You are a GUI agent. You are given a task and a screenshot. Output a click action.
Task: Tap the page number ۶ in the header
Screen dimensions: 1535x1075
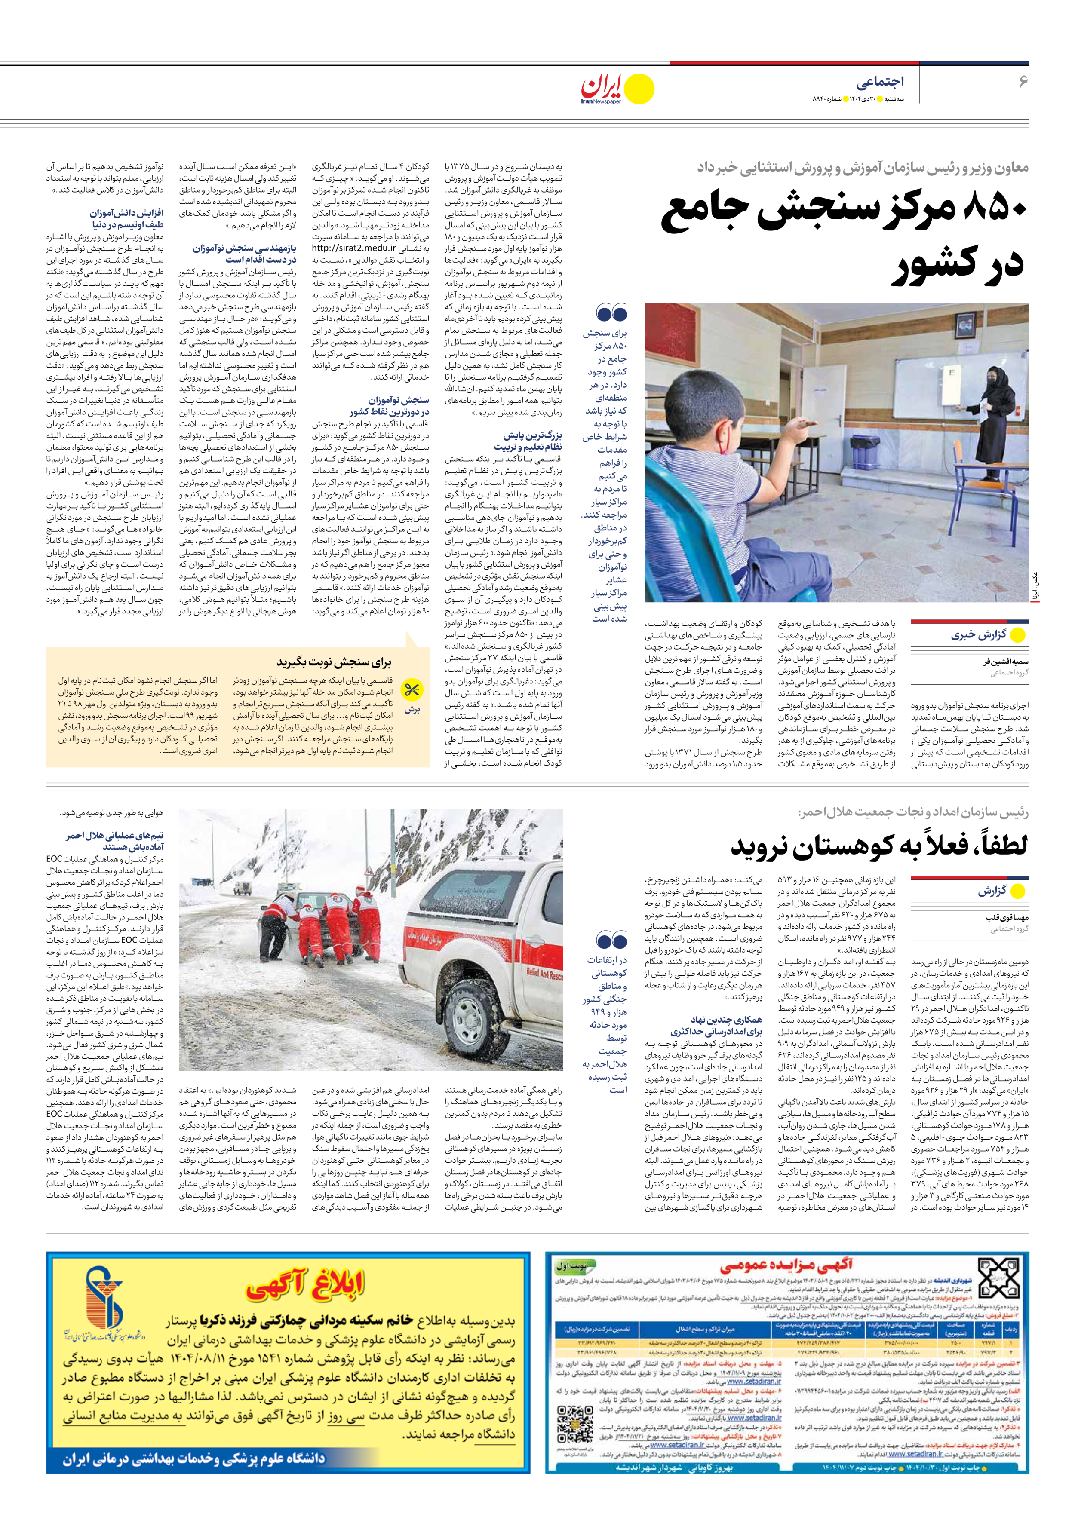[1022, 82]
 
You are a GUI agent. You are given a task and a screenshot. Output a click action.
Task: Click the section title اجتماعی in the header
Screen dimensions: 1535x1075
[880, 82]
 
